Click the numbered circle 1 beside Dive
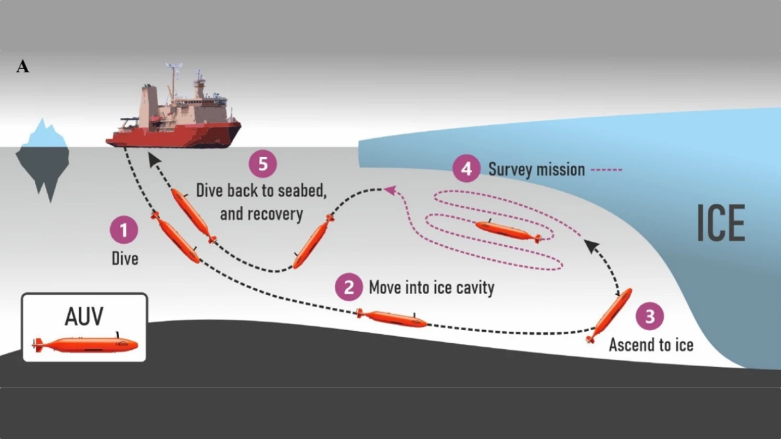pos(124,230)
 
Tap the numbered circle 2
pos(349,287)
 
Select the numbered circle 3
pos(650,316)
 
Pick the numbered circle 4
pos(466,169)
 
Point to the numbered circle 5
pos(263,164)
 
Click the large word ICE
pos(721,223)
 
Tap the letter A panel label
pos(22,67)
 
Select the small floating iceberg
pos(43,156)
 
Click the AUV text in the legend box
pos(84,316)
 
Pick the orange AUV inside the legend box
pos(86,344)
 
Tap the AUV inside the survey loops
pos(508,231)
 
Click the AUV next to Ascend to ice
pos(610,315)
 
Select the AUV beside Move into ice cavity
pos(392,318)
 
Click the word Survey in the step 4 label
pos(510,169)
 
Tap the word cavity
pos(475,287)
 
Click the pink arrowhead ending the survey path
pos(389,191)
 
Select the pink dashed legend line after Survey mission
pos(607,169)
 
